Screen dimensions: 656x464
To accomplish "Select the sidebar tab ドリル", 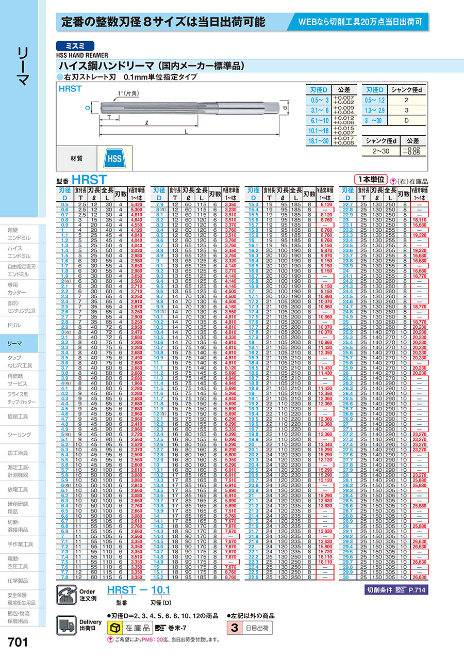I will [x=14, y=325].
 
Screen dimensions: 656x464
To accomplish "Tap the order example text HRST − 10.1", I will [x=138, y=590].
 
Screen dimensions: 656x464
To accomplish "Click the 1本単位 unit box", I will [x=370, y=180].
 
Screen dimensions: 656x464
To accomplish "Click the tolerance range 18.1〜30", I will [x=319, y=140].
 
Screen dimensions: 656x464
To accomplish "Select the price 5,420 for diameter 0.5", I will [x=136, y=205].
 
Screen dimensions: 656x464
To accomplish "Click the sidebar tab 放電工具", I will [x=18, y=489].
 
